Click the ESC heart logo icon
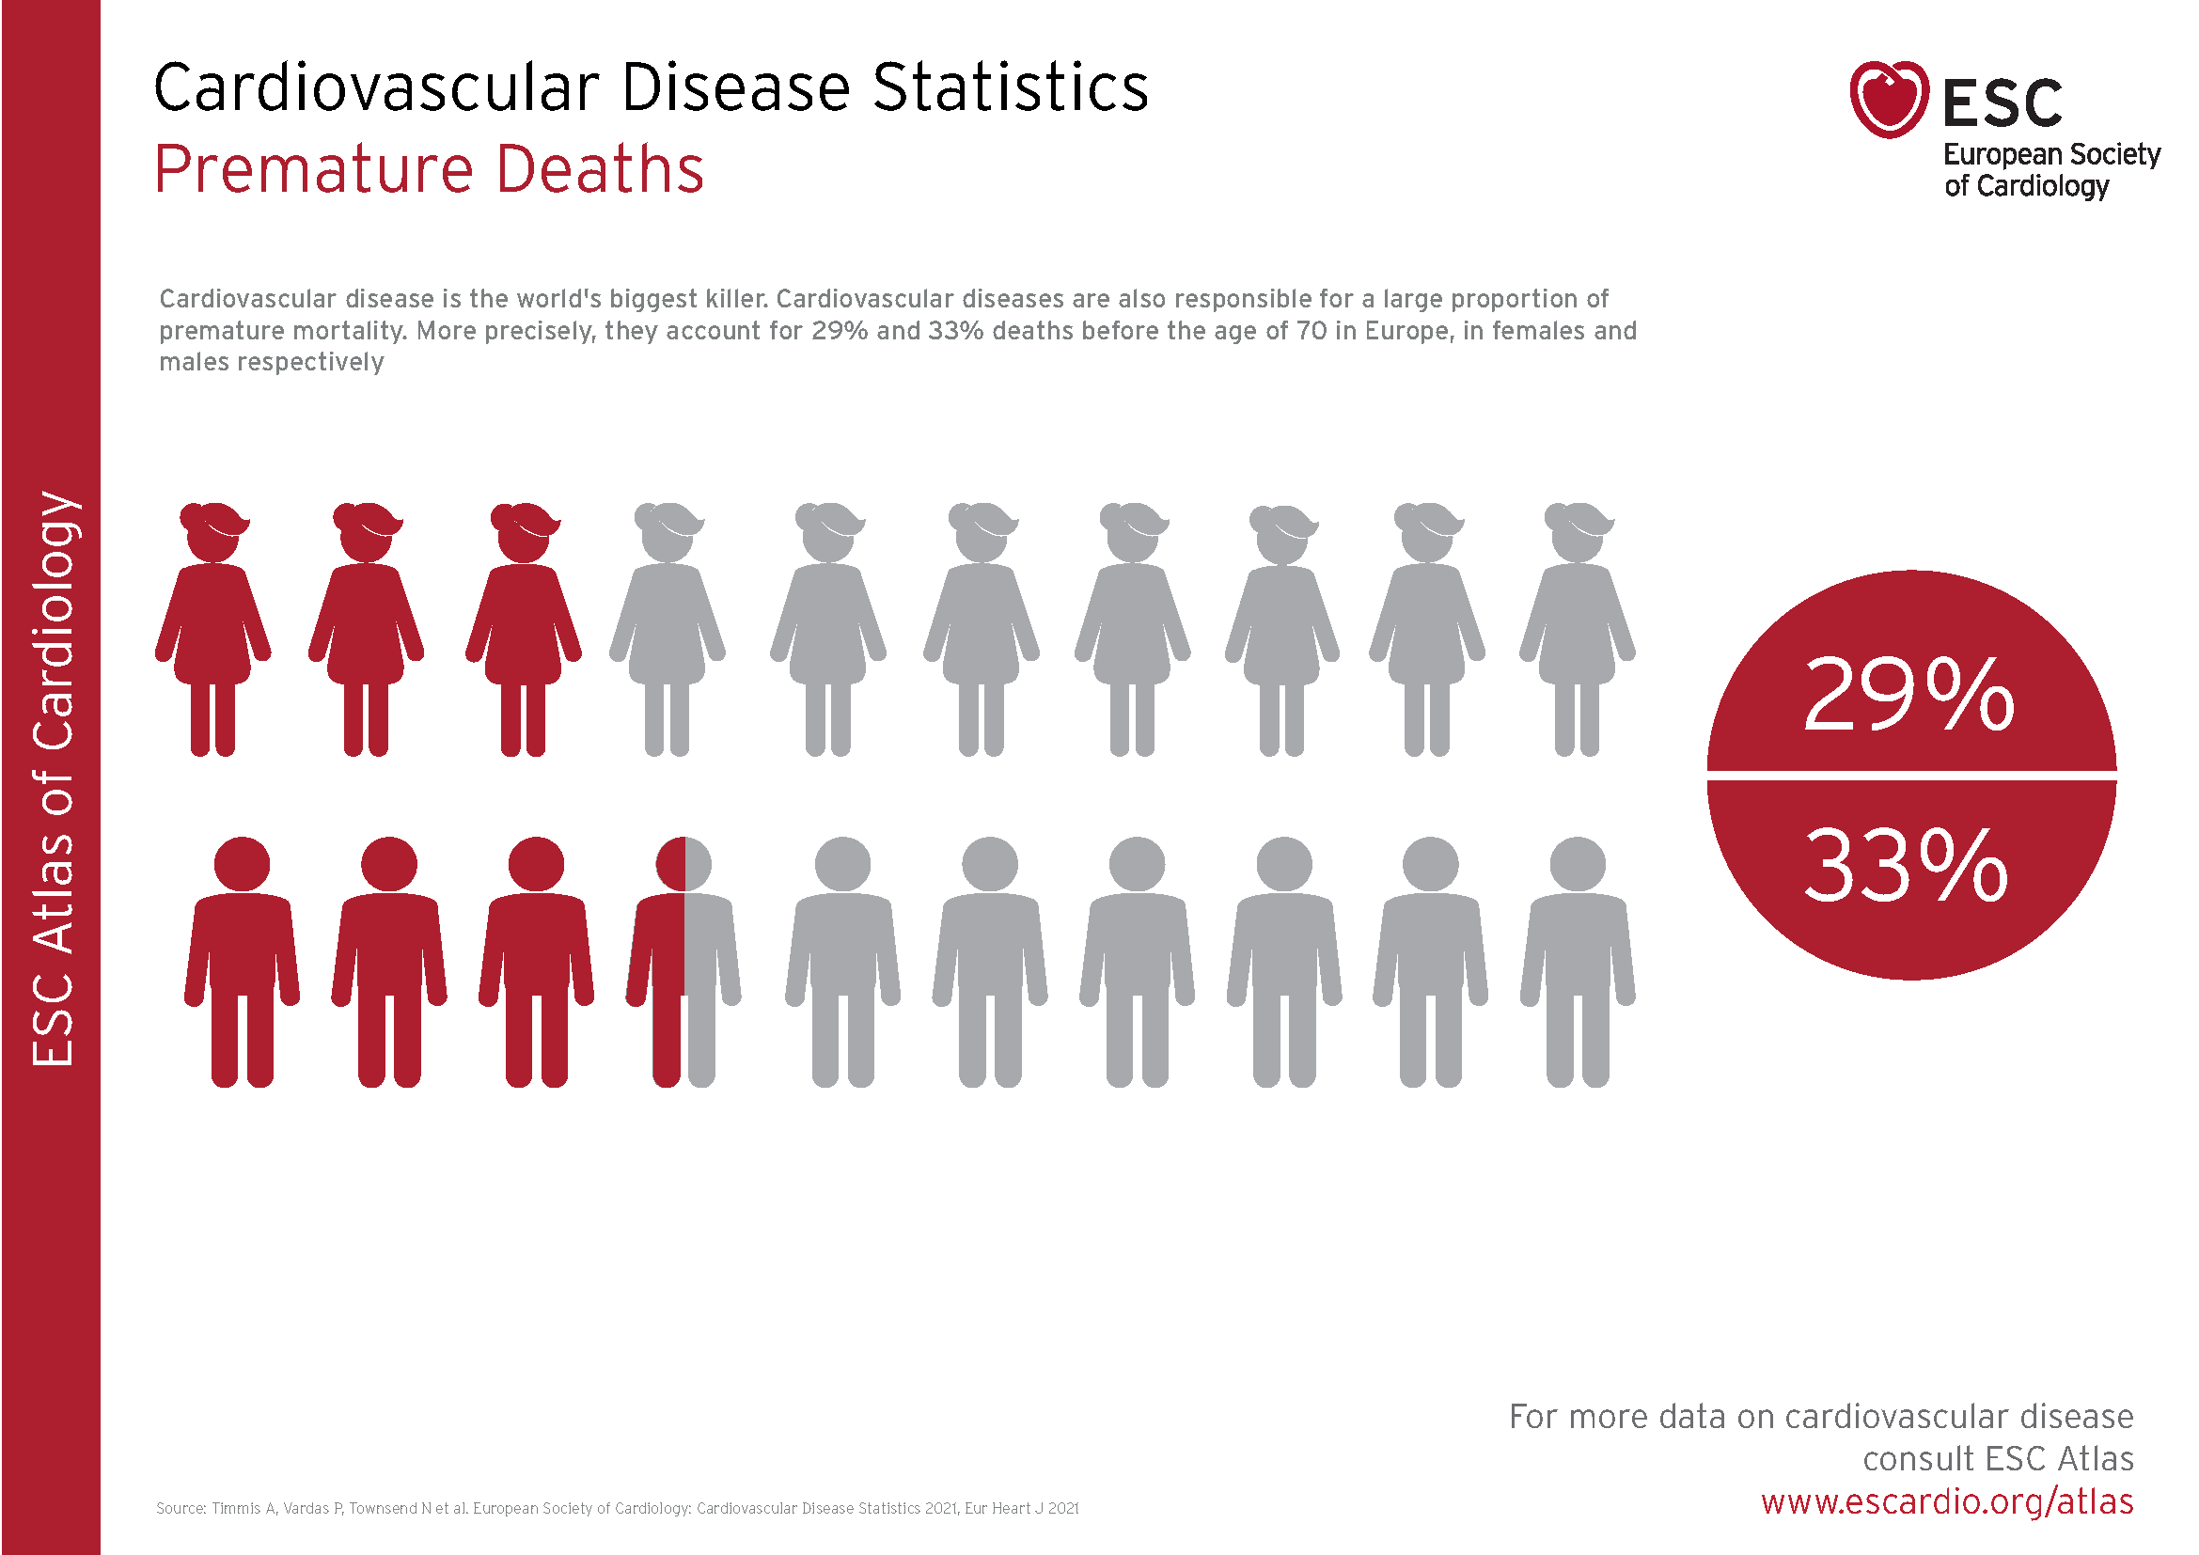click(x=1889, y=100)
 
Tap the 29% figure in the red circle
click(x=1908, y=694)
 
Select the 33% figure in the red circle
click(x=1906, y=866)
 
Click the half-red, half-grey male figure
click(x=683, y=962)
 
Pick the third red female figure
click(x=523, y=629)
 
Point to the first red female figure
click(x=212, y=629)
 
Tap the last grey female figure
click(x=1577, y=629)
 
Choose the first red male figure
click(x=242, y=962)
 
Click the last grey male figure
click(x=1578, y=962)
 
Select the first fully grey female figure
click(x=668, y=629)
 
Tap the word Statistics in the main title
click(x=1011, y=87)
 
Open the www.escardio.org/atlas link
click(x=1947, y=1501)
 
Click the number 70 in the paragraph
click(x=1312, y=330)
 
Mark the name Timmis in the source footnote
click(x=237, y=1508)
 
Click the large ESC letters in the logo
click(x=2003, y=102)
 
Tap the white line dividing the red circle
click(x=1911, y=776)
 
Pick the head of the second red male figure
click(x=389, y=864)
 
